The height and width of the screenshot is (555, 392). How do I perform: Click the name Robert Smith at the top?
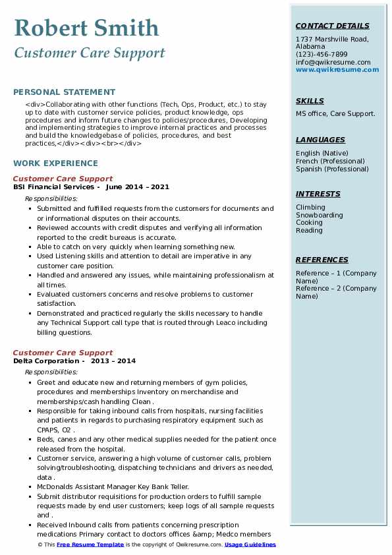[86, 28]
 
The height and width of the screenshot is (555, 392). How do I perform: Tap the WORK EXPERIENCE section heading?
[55, 163]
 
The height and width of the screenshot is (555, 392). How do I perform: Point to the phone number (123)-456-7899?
[322, 55]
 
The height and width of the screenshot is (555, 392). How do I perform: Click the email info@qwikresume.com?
[333, 62]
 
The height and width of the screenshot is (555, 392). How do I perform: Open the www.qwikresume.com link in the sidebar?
[337, 69]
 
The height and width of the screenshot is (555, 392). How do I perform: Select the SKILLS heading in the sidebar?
[310, 101]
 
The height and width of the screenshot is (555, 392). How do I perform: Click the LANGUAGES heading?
[320, 140]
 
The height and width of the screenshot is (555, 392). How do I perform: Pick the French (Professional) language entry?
[330, 161]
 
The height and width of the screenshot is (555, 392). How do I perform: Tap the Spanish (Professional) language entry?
[332, 169]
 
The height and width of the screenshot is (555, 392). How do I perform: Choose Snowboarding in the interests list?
[320, 215]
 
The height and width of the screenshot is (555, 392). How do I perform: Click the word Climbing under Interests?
[310, 207]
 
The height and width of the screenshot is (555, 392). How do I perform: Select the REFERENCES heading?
[322, 260]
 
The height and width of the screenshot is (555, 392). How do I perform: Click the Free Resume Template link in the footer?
[90, 545]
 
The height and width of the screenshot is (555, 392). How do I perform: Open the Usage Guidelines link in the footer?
[250, 545]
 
